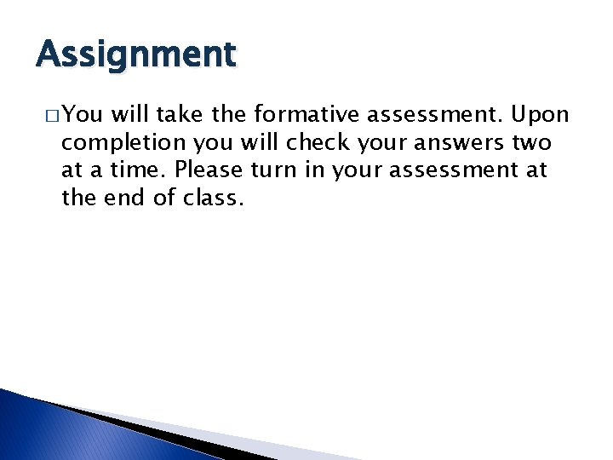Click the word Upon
(x=538, y=114)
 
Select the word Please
(x=209, y=170)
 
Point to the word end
(x=124, y=198)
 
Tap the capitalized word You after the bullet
(x=82, y=114)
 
